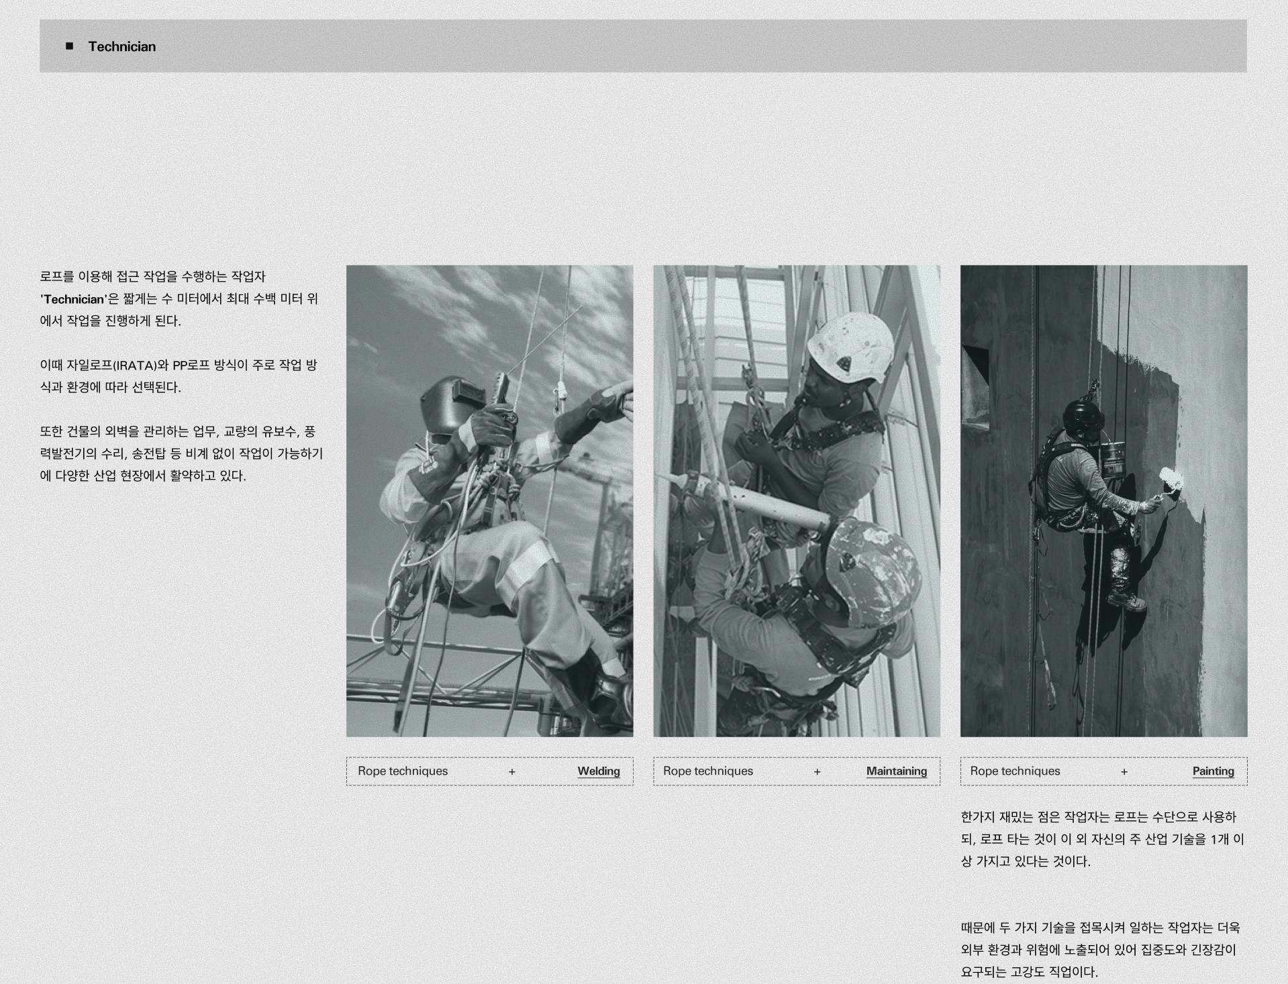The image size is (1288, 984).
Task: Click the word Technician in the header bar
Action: [122, 46]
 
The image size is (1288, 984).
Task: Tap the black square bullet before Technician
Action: [69, 46]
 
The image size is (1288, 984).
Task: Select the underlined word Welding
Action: [599, 771]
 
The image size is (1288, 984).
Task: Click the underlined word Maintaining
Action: [897, 771]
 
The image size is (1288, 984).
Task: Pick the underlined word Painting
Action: [1213, 771]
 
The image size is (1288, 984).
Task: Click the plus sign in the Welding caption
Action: [512, 772]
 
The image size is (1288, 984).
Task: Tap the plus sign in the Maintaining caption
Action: [818, 772]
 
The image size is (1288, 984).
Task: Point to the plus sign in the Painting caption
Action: [1124, 772]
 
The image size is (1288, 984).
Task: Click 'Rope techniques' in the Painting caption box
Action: [1015, 771]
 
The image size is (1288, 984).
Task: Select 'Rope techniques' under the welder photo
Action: [403, 771]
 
